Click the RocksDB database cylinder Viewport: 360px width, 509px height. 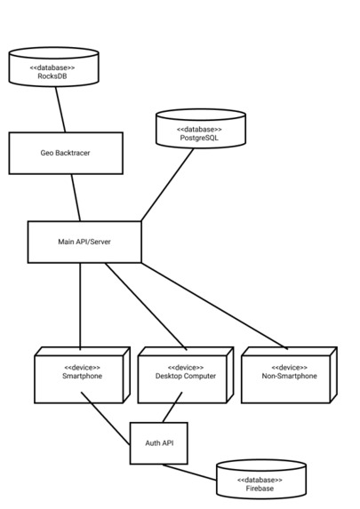coord(52,70)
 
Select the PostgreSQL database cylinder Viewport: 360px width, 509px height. coord(200,131)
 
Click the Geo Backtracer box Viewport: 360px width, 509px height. coord(65,153)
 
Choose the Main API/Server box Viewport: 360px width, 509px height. coord(84,242)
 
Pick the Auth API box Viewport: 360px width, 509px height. coord(159,442)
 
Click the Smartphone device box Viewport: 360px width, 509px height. coord(81,377)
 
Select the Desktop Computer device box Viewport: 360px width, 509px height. coord(184,377)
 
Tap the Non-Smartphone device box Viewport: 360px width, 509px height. coord(288,377)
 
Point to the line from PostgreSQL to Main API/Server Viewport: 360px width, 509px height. coord(168,184)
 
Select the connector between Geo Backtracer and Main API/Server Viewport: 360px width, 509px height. coord(76,197)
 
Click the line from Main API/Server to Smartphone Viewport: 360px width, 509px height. coord(81,306)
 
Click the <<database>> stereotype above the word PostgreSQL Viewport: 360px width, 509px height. coord(200,130)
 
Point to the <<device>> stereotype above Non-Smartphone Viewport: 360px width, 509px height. coord(289,367)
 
